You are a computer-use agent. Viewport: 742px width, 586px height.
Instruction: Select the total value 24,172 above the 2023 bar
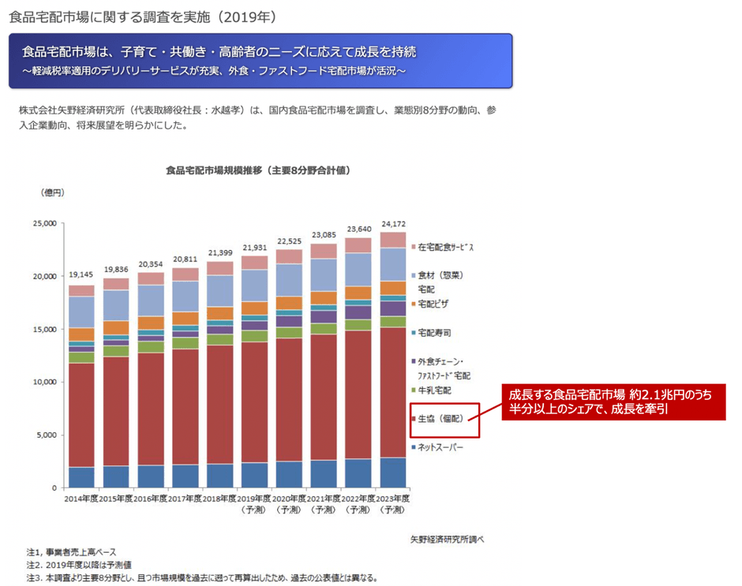(393, 223)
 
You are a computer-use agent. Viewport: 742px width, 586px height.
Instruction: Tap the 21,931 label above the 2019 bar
(254, 248)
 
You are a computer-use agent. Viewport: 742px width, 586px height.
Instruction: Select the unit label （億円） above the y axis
(52, 192)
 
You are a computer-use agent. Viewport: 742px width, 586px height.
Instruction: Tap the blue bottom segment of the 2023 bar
(393, 472)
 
